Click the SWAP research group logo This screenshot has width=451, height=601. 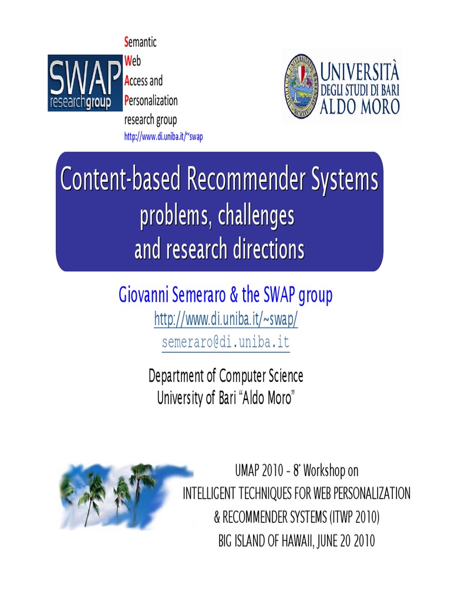(x=85, y=83)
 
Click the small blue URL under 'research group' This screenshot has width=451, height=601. (x=163, y=136)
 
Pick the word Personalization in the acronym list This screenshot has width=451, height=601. (x=151, y=100)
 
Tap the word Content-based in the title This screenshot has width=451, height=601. (x=120, y=180)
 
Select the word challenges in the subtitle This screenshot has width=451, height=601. (x=256, y=216)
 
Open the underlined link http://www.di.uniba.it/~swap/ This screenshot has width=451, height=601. (x=226, y=319)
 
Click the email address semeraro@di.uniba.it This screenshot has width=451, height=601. (x=225, y=343)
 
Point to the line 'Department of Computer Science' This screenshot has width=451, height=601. (x=226, y=375)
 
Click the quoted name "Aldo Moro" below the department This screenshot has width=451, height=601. (x=267, y=398)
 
